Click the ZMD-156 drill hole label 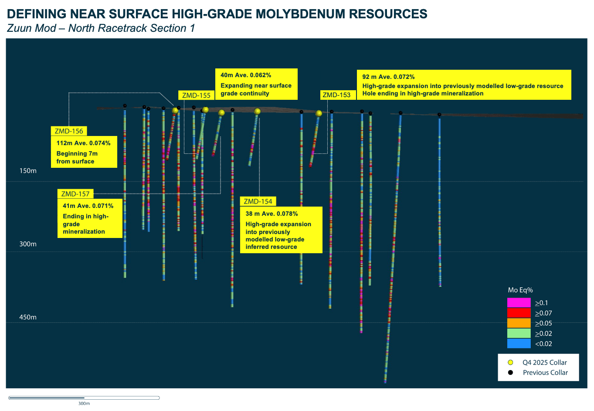(69, 131)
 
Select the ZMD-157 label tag (75, 194)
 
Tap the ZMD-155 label (196, 95)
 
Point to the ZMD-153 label (336, 95)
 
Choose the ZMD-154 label (258, 201)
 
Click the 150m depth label (28, 171)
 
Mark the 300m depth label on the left (28, 244)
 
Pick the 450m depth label (28, 317)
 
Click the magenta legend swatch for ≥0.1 (519, 302)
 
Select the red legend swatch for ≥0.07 (519, 313)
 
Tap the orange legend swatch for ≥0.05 (519, 323)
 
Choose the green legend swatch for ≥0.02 (519, 333)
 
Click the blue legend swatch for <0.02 (519, 343)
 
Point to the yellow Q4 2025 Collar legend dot (510, 363)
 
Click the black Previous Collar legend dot (510, 373)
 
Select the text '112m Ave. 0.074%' (84, 143)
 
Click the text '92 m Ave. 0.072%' (388, 77)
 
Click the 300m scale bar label (84, 404)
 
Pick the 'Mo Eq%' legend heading (520, 290)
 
